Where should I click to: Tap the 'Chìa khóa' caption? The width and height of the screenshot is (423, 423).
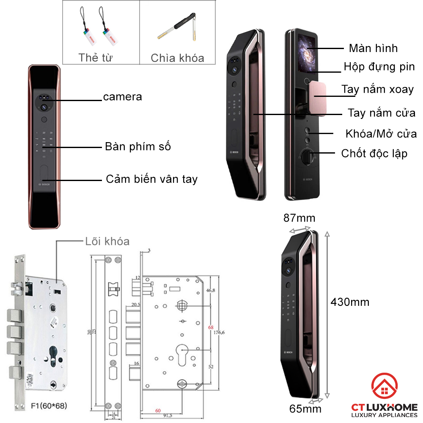tap(177, 58)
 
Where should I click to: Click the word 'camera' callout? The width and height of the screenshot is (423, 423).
tap(123, 97)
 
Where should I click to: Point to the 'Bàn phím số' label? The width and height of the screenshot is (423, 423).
tap(138, 147)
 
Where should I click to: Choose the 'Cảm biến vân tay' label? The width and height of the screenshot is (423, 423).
tap(151, 179)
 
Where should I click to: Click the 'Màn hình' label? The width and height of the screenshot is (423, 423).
tap(373, 48)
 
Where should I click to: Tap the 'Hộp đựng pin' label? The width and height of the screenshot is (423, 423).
tap(379, 67)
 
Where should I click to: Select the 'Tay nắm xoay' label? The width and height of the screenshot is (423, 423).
tap(378, 90)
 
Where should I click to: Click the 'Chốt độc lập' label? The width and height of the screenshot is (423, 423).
tap(374, 153)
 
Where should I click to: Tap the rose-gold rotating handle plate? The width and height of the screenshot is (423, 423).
tap(318, 99)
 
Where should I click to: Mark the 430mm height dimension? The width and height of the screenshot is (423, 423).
tap(350, 302)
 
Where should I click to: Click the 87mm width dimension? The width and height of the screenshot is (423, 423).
tap(299, 218)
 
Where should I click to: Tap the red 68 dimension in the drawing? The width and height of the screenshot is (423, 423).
tap(211, 327)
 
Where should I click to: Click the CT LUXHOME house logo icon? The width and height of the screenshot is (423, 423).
tap(384, 387)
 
